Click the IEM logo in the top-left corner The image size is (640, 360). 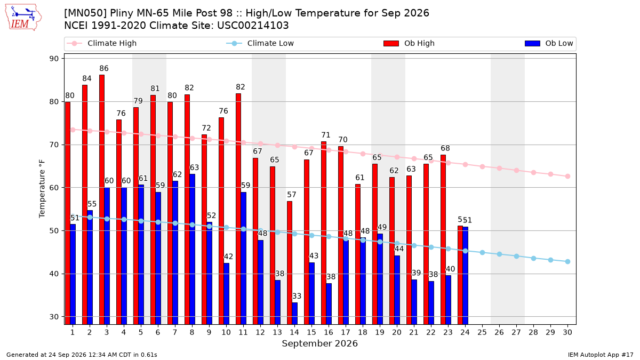(x=23, y=18)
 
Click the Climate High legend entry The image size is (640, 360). (x=101, y=43)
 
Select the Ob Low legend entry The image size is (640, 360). (x=549, y=43)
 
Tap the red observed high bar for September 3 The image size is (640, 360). (x=102, y=199)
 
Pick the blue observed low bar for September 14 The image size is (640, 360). (x=294, y=314)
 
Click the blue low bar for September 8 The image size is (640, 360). (x=193, y=249)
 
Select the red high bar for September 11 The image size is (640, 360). (x=238, y=209)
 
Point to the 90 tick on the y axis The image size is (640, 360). (x=54, y=59)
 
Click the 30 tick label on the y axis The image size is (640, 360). (x=54, y=317)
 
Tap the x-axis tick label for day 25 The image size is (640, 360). (x=482, y=332)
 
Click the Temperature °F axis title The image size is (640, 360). (x=42, y=189)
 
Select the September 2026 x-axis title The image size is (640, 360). (x=319, y=343)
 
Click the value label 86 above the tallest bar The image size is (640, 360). (x=104, y=69)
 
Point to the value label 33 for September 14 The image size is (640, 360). (x=297, y=296)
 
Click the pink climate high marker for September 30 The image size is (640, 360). (x=567, y=177)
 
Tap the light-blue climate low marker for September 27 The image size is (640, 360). (x=517, y=257)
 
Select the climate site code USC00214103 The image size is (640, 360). (x=253, y=26)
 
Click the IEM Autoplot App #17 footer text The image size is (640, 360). (x=601, y=355)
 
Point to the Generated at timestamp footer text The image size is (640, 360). (x=82, y=355)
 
